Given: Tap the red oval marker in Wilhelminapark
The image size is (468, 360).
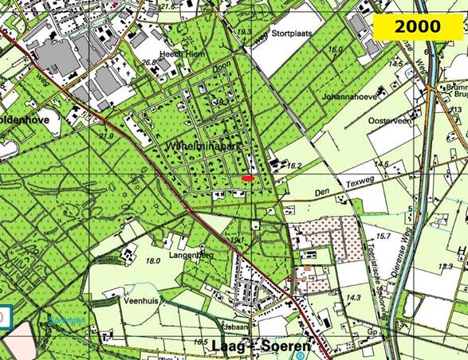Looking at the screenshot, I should [248, 179].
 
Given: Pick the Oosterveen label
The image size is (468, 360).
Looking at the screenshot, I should [364, 122].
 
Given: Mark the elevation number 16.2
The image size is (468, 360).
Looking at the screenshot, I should [296, 166].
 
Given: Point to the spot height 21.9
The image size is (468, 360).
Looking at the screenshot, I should [106, 114].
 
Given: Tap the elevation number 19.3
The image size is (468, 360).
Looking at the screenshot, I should [245, 32].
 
